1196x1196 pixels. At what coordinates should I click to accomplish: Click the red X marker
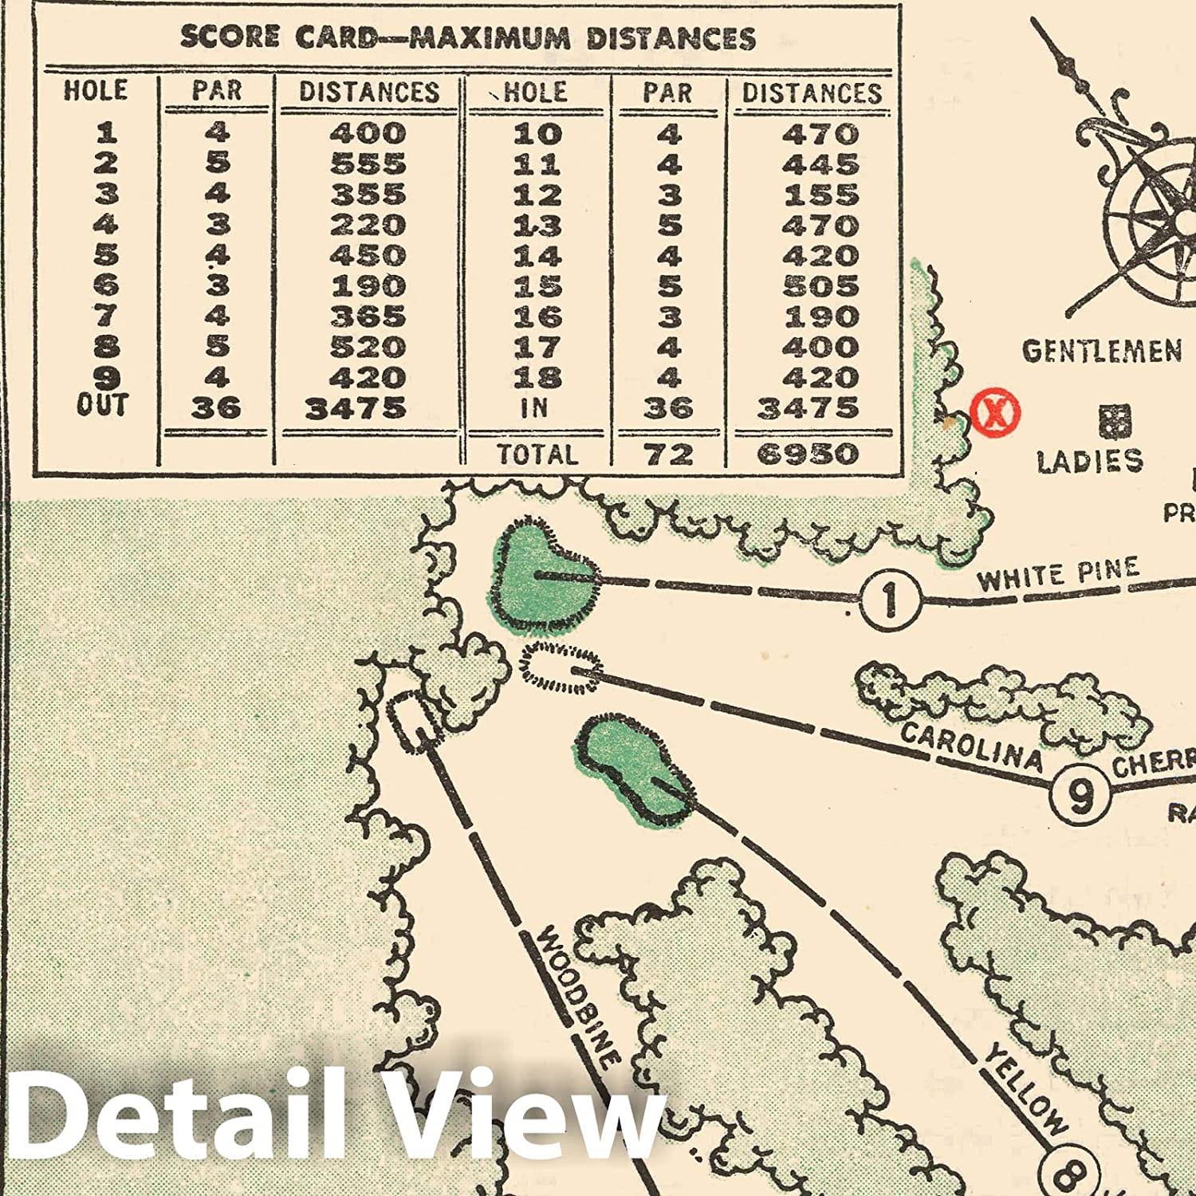coord(995,413)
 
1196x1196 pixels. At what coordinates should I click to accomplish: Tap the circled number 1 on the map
coord(890,598)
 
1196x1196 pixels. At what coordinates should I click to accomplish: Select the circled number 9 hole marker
coord(1080,792)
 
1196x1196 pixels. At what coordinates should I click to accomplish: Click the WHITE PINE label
coord(1058,575)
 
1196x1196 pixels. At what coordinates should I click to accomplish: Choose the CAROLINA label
coord(971,746)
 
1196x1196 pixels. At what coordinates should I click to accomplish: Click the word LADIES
coord(1089,461)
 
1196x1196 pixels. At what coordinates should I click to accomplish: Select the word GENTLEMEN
coord(1101,351)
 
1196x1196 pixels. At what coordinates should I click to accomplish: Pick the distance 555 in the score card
coord(368,163)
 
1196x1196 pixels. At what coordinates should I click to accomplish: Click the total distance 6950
coord(808,454)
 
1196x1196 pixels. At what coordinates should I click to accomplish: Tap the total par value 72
coord(668,454)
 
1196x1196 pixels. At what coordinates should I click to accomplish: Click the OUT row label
coord(101,406)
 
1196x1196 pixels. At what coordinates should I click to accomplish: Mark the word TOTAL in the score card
coord(537,454)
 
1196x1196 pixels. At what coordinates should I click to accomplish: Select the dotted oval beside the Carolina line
coord(560,666)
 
